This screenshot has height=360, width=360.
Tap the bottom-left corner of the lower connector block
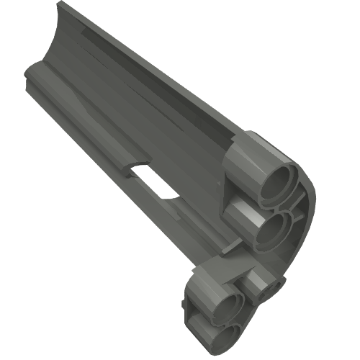coord(188,318)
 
